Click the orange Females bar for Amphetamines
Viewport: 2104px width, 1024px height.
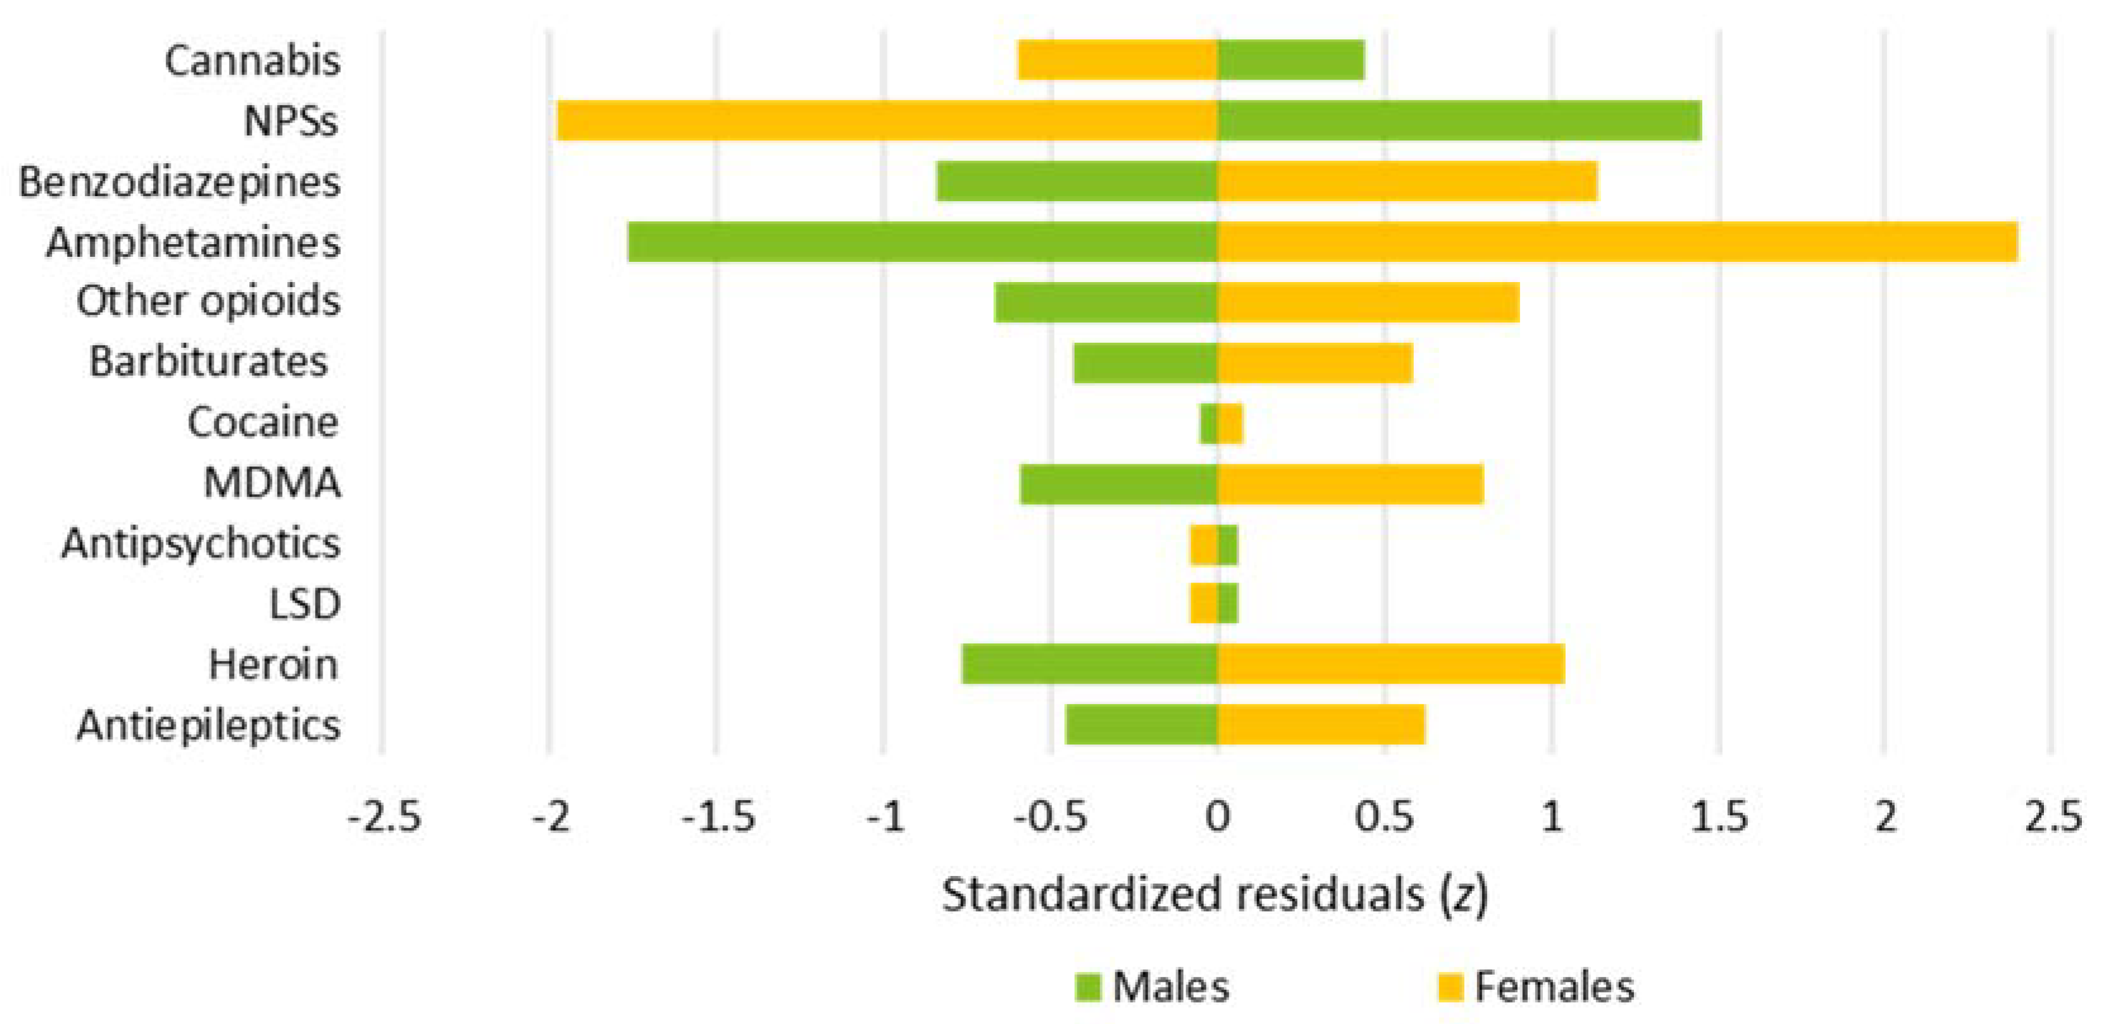[1617, 242]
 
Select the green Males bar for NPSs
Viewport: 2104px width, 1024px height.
[1459, 121]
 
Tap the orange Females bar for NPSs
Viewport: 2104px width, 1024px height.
[887, 121]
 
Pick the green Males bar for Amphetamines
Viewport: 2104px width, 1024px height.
[923, 242]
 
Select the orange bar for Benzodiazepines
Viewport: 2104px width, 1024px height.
[1406, 182]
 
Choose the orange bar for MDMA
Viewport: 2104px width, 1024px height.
[1350, 483]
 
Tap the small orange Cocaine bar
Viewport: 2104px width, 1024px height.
[1230, 423]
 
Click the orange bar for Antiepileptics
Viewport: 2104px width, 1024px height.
[1321, 724]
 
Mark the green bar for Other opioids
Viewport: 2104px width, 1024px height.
[1106, 302]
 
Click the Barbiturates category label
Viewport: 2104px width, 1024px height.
[208, 362]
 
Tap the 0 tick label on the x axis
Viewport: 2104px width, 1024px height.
[1217, 816]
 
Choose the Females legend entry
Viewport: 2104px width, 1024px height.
[1535, 987]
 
